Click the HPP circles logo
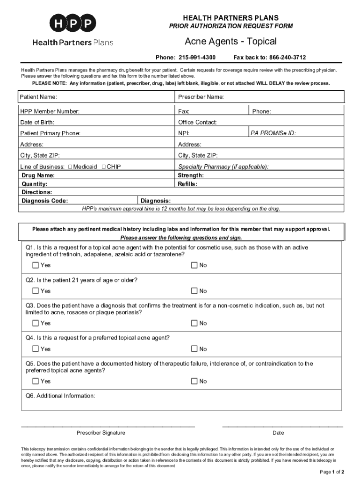click(72, 23)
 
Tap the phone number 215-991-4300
click(196, 58)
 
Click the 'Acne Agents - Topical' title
click(230, 42)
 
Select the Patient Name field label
click(38, 97)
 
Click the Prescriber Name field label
click(201, 97)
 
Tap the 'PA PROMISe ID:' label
click(273, 133)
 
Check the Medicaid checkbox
click(70, 167)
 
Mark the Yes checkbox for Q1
click(36, 265)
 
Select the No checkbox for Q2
click(194, 291)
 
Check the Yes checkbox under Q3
click(36, 323)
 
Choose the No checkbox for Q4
click(194, 349)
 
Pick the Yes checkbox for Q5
click(36, 381)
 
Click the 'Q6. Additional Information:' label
click(60, 396)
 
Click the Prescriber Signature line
click(108, 426)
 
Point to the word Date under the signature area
click(278, 433)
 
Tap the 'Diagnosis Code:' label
click(45, 201)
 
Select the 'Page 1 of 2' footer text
click(332, 472)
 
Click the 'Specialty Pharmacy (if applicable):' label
click(223, 167)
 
